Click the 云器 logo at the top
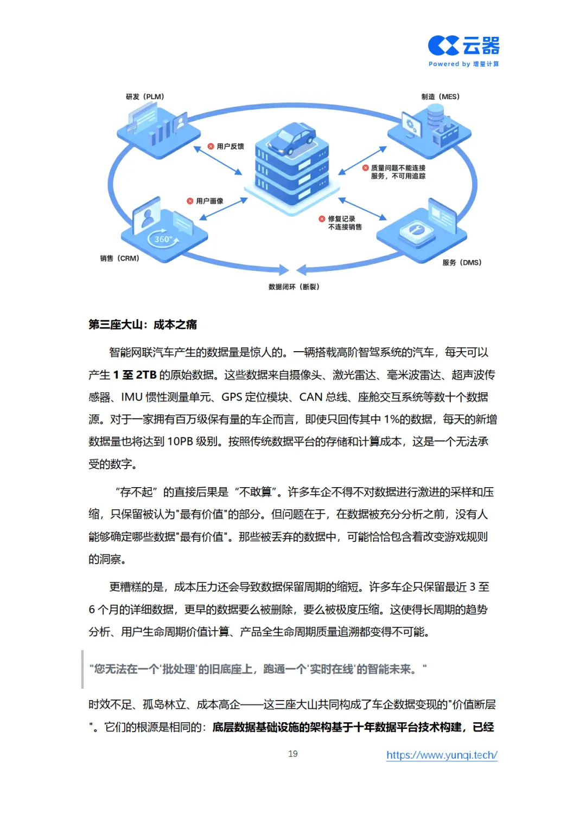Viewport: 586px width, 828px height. click(463, 46)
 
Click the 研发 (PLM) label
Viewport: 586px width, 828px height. click(145, 97)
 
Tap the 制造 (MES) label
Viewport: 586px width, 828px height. click(440, 97)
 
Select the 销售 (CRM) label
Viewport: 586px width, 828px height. click(119, 258)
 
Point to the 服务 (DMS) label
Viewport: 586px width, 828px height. click(462, 263)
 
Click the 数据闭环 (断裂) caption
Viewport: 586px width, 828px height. click(294, 287)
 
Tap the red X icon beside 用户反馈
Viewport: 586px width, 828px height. click(211, 146)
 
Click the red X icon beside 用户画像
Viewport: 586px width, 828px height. click(190, 201)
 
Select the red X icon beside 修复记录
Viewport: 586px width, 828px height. click(322, 219)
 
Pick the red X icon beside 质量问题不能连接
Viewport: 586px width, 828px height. click(365, 168)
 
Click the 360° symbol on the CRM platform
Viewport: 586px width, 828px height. click(163, 239)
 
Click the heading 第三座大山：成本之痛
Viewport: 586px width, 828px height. click(143, 325)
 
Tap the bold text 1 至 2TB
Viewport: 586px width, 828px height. click(135, 375)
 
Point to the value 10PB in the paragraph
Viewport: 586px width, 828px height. click(180, 442)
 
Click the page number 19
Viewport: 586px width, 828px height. click(293, 754)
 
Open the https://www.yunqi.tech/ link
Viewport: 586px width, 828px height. click(442, 755)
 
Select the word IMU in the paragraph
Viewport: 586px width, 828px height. click(132, 397)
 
